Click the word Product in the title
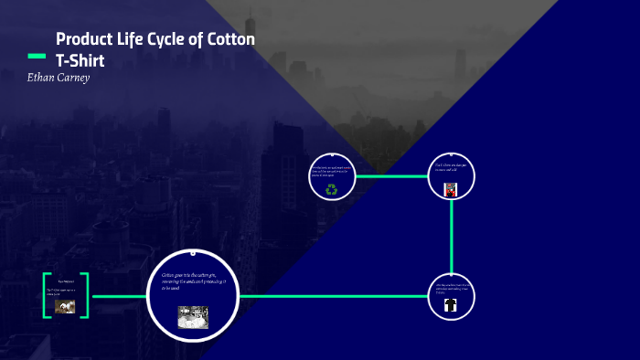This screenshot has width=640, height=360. coord(83,39)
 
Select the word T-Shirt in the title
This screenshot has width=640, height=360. coord(81,60)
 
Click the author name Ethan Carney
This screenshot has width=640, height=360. coord(59,78)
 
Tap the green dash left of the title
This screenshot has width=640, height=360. coord(37,57)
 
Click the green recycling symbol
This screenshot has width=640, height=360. coord(332,190)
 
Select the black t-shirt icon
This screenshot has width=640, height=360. coord(451,307)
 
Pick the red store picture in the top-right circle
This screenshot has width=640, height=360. coord(451,190)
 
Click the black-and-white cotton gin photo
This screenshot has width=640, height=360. coord(193,316)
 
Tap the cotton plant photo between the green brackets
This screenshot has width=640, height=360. coord(65,307)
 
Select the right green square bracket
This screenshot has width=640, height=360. coord(85,295)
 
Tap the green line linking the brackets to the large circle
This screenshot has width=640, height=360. coord(118,296)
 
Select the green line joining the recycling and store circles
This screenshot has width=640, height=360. coord(391,175)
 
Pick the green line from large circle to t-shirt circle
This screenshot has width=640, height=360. coord(334,296)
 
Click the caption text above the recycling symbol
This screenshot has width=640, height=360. coord(330,172)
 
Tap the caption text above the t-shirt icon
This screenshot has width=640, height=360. coord(451,288)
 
